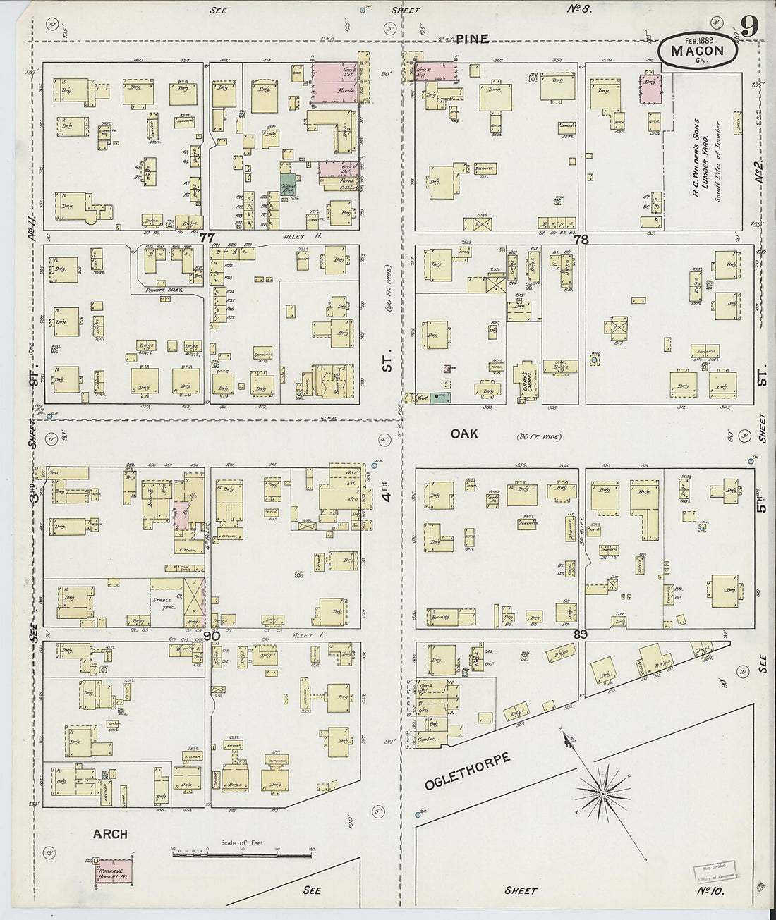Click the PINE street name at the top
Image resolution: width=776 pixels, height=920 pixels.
point(472,39)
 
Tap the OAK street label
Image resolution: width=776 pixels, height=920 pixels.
point(464,434)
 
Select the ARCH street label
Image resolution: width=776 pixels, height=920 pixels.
point(110,834)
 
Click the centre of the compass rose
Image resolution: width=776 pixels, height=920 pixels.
point(603,794)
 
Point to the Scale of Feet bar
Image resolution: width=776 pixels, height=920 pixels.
point(242,854)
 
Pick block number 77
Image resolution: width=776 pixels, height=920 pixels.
point(207,238)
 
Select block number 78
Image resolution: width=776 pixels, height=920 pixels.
point(581,240)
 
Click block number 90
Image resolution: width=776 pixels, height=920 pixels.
point(211,636)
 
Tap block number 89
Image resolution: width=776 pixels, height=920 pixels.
point(581,635)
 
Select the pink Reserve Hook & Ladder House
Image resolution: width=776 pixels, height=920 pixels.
point(113,871)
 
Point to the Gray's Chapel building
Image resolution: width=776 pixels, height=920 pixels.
point(526,376)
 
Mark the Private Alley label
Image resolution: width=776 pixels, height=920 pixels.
point(164,290)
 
